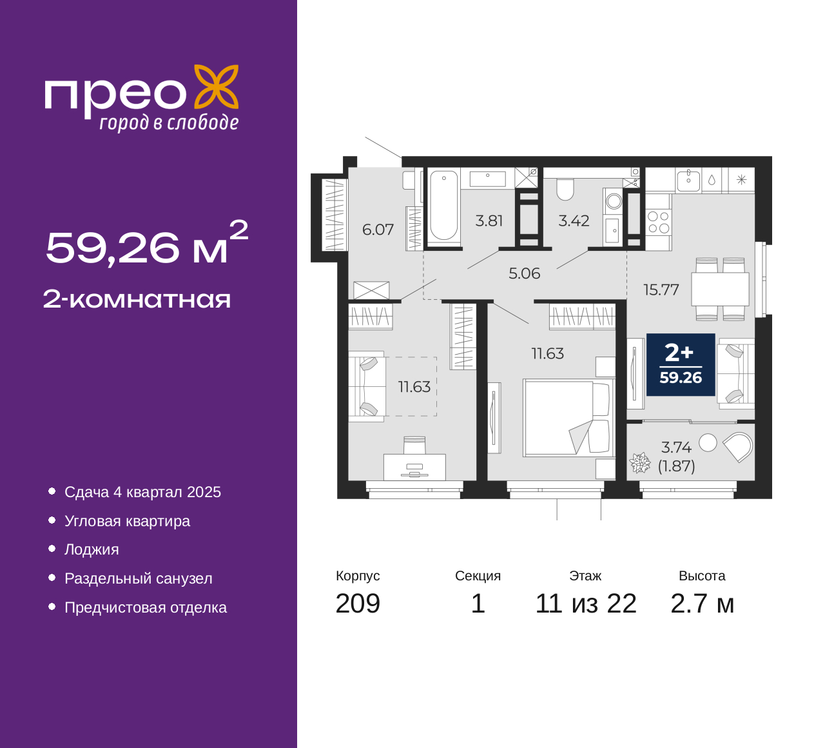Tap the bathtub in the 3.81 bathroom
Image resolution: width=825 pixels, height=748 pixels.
[443, 205]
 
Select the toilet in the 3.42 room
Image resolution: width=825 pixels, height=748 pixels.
[565, 190]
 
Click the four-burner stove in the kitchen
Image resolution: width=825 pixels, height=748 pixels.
[659, 222]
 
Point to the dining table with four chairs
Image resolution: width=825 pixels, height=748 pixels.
[720, 289]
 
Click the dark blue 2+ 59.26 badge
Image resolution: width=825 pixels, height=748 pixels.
[681, 364]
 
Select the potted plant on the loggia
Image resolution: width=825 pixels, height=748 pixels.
[640, 462]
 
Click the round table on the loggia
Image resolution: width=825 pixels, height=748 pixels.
[708, 443]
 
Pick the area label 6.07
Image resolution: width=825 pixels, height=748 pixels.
[378, 230]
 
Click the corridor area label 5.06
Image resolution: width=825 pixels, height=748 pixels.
[525, 273]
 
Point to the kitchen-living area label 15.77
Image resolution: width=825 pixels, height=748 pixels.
[661, 290]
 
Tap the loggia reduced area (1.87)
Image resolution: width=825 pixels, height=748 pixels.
[677, 466]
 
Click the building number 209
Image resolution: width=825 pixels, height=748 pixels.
[358, 604]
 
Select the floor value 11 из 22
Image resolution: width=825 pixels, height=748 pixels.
[586, 604]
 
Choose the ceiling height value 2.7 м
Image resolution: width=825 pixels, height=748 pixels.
[702, 604]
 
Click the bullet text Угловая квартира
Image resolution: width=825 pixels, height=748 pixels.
[128, 521]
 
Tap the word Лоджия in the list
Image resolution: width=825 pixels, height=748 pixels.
[92, 549]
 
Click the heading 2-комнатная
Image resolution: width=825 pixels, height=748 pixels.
[137, 299]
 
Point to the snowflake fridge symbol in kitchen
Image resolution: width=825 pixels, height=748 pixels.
[741, 180]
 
